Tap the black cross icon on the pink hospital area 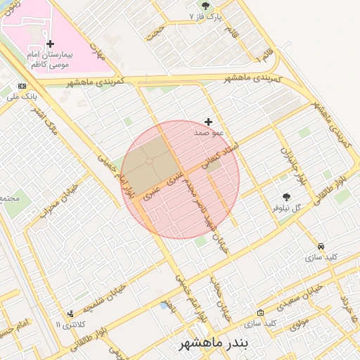[x=50, y=44]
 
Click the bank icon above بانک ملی [x=22, y=86]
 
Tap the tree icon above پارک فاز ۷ [x=205, y=5]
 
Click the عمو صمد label [x=208, y=132]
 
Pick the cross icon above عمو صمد [x=208, y=122]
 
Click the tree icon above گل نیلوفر [x=286, y=197]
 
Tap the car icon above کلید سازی [x=321, y=247]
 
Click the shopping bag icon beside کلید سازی [x=260, y=313]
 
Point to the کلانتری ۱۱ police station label [x=69, y=324]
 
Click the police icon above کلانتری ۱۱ [x=70, y=314]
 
